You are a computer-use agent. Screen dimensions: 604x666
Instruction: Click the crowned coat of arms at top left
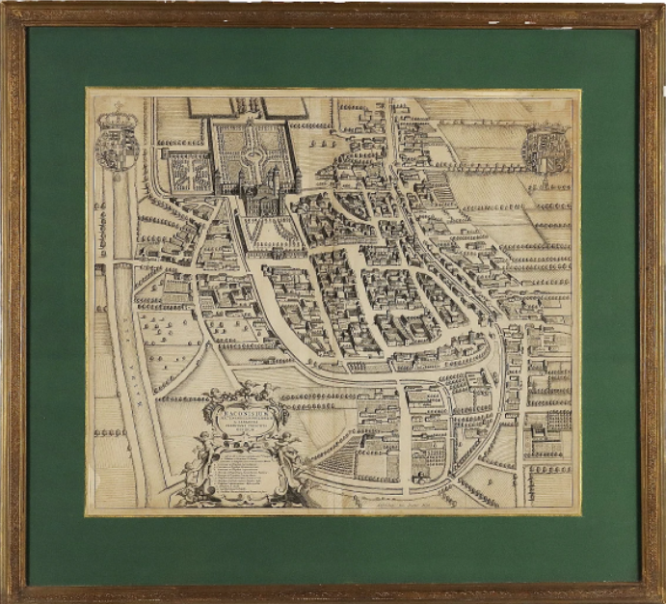117,142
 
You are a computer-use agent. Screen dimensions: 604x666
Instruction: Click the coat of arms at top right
545,148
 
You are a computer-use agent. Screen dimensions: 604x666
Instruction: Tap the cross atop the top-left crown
118,105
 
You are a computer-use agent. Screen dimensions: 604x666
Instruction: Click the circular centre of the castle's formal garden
248,146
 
